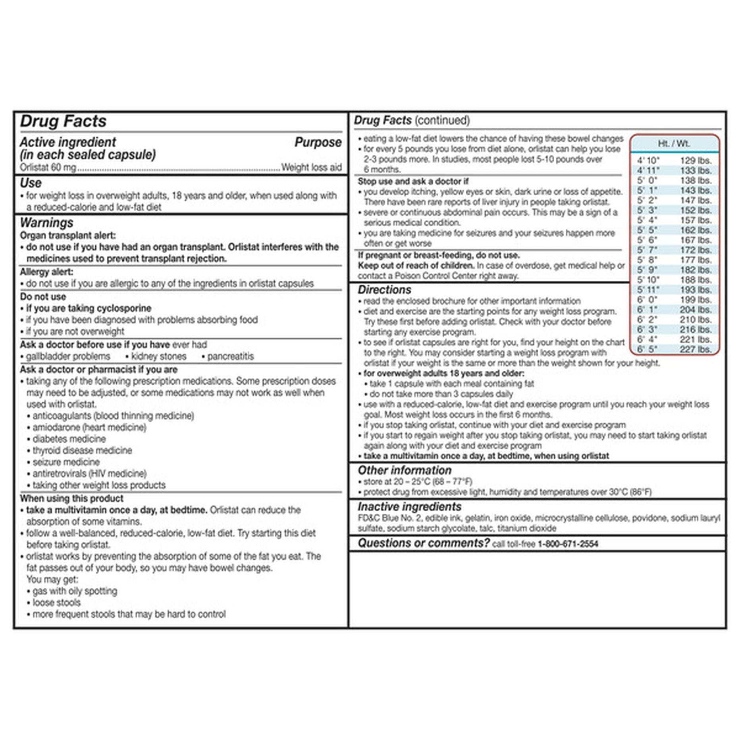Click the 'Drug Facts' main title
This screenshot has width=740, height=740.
coord(63,121)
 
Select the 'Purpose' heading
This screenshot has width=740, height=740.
coord(318,142)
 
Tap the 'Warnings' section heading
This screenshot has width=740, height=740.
coord(46,223)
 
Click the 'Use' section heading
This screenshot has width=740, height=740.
coord(31,183)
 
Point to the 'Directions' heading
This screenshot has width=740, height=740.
coord(384,290)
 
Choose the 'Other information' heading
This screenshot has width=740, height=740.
coord(405,470)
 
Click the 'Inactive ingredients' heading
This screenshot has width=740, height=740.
coord(409,507)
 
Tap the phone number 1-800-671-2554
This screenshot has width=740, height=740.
coord(568,544)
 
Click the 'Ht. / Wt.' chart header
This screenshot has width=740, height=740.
coord(674,144)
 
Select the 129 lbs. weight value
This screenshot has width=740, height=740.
coord(696,161)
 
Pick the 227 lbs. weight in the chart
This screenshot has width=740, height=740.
coord(696,349)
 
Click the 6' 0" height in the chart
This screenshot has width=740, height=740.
coord(647,300)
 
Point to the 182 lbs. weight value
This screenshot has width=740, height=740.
coord(696,270)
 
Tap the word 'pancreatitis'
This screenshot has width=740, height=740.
coord(230,357)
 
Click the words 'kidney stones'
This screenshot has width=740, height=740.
coord(158,357)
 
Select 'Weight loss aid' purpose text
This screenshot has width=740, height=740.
coord(311,168)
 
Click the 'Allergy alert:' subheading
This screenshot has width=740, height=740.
coord(46,272)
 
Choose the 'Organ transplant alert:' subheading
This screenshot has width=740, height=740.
coord(67,235)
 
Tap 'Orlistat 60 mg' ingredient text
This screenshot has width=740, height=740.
coord(48,168)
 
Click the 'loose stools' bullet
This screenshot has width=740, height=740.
coord(56,603)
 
